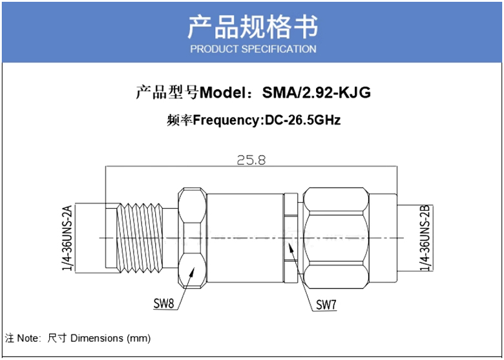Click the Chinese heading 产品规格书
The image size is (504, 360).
click(x=253, y=26)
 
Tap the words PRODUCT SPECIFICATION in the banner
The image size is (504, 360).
click(x=253, y=49)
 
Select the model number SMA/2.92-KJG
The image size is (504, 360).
click(x=316, y=92)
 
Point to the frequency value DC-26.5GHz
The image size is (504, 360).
click(x=302, y=120)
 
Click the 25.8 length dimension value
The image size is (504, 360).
click(x=251, y=160)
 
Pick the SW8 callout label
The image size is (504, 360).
click(x=163, y=303)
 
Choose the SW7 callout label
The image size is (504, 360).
click(x=326, y=304)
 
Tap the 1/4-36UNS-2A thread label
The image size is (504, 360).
click(x=68, y=237)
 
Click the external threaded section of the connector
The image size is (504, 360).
click(x=140, y=238)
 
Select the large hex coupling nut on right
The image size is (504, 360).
click(x=336, y=238)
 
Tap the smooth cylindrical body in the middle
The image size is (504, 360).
click(x=245, y=238)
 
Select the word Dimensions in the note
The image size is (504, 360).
click(x=97, y=338)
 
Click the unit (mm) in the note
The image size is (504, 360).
click(x=139, y=339)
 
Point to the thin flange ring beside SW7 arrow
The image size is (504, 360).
click(x=291, y=238)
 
